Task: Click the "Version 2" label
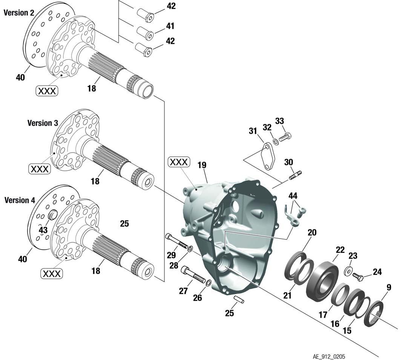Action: point(19,13)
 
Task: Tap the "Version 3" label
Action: point(43,123)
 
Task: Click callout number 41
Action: point(170,26)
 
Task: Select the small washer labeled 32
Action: point(276,141)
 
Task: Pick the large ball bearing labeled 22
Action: point(321,279)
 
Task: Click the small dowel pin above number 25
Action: point(238,299)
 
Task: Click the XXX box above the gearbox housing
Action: point(178,162)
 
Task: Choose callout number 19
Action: point(202,165)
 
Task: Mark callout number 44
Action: point(293,196)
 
